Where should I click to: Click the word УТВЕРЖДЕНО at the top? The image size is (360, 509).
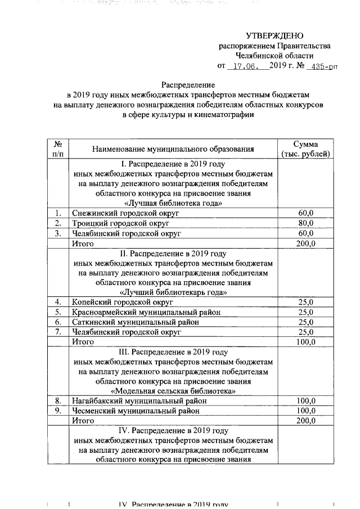click(x=274, y=35)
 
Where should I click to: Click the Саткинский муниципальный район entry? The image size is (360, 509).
click(x=135, y=322)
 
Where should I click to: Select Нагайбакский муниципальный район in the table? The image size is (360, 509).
click(x=139, y=401)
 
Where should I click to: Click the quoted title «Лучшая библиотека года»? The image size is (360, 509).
click(x=173, y=203)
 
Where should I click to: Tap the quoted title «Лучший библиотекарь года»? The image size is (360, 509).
click(x=173, y=292)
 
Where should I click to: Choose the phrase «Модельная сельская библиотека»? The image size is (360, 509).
click(x=173, y=391)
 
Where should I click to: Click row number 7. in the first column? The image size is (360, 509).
click(x=57, y=332)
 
